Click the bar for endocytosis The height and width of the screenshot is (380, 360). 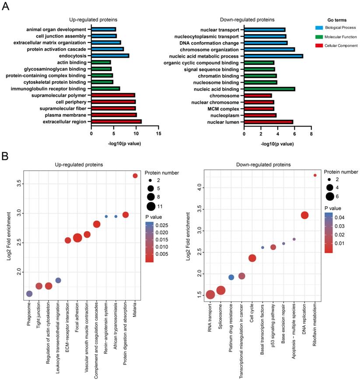(110, 56)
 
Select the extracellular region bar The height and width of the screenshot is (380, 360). (116, 122)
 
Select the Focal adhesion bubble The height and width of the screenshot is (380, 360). (77, 238)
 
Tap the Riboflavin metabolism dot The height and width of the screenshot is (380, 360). (315, 175)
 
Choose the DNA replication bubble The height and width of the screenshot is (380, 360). (304, 215)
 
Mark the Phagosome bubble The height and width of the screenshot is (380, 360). (29, 294)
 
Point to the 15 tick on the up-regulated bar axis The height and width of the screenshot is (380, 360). (158, 132)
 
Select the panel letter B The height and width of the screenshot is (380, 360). (5, 156)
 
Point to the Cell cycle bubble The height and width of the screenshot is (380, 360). (252, 258)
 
